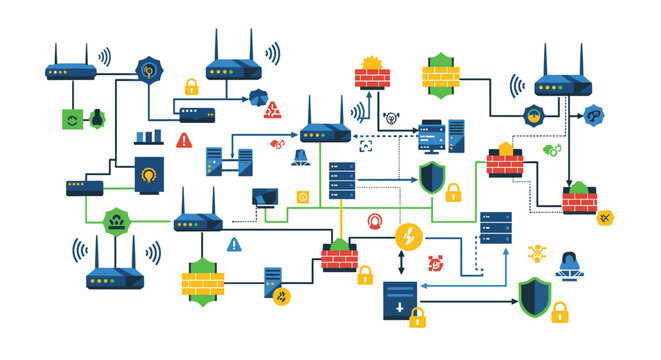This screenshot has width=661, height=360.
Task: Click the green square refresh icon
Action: click(x=72, y=119)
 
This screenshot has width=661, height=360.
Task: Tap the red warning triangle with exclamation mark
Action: click(x=183, y=141)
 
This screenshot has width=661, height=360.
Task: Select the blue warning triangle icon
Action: click(x=233, y=244)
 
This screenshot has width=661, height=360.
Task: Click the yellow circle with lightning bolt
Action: click(x=408, y=237)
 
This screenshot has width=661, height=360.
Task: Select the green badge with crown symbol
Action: click(x=117, y=221)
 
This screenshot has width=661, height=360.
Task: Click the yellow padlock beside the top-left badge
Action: click(x=190, y=87)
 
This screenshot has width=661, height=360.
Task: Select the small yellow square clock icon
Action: click(x=302, y=196)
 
